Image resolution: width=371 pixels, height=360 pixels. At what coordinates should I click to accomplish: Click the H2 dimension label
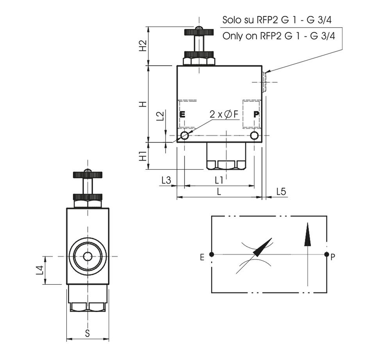pyautogui.click(x=143, y=46)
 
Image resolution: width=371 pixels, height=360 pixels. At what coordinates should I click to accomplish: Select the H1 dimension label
pyautogui.click(x=143, y=156)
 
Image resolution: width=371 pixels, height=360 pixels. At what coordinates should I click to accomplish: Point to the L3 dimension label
pyautogui.click(x=166, y=180)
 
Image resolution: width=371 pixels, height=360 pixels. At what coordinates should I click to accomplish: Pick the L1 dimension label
pyautogui.click(x=219, y=180)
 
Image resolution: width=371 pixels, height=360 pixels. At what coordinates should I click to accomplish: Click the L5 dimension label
pyautogui.click(x=281, y=192)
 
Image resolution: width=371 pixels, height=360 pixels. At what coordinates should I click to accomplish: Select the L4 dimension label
pyautogui.click(x=39, y=270)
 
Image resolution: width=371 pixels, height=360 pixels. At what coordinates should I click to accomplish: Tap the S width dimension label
pyautogui.click(x=87, y=333)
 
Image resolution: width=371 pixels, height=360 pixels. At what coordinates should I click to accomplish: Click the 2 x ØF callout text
pyautogui.click(x=224, y=114)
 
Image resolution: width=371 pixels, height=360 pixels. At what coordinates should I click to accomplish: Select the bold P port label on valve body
pyautogui.click(x=256, y=115)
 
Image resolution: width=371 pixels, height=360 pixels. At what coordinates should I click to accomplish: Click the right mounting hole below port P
pyautogui.click(x=255, y=136)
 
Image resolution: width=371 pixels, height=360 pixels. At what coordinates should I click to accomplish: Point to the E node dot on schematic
pyautogui.click(x=212, y=254)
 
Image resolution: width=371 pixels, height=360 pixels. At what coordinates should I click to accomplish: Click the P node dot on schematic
pyautogui.click(x=327, y=254)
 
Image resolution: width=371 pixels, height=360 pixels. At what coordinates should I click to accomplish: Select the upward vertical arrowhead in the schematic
pyautogui.click(x=308, y=235)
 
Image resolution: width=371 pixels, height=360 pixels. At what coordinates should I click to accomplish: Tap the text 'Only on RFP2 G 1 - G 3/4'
pyautogui.click(x=278, y=36)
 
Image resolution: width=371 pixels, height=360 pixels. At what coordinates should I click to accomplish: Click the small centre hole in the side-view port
pyautogui.click(x=87, y=256)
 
